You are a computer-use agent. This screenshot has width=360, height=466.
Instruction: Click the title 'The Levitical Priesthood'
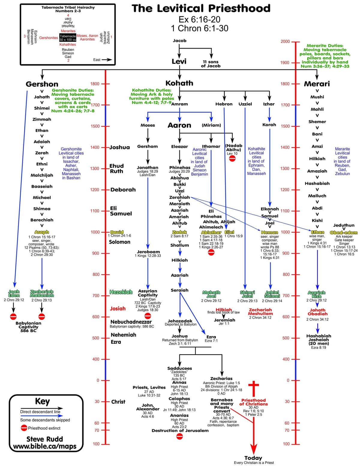coord(201,9)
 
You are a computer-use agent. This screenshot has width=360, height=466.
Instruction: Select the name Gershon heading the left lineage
coord(42,84)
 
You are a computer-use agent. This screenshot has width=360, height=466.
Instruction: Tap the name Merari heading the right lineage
coord(317,84)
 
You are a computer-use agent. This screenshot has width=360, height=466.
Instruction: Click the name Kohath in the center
coord(179,83)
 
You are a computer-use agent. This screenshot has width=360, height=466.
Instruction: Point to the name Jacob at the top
coord(179,41)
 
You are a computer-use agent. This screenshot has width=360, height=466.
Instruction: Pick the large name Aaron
coord(179,125)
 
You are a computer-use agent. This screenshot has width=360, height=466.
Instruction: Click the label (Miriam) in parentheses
coord(211,125)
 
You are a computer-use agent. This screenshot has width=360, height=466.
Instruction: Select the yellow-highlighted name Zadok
coord(179,232)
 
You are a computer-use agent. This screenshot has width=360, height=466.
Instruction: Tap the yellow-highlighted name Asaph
coord(42,232)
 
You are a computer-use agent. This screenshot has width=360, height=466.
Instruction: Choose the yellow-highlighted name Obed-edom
coord(344,233)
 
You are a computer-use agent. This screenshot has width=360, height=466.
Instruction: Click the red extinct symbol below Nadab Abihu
coord(232,158)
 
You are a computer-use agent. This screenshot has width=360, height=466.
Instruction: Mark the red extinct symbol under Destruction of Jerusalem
coord(179,436)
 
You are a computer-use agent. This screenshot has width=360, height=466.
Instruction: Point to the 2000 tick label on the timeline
coord(285,41)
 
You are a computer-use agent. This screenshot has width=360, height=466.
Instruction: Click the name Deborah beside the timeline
coord(123,190)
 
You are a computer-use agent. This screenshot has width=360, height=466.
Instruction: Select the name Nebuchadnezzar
coord(131,322)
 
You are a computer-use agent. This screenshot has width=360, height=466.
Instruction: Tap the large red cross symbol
coord(254,389)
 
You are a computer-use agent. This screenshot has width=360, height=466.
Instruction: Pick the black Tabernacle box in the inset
coord(68,38)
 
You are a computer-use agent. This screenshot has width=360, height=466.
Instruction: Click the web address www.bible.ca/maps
coord(45,446)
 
